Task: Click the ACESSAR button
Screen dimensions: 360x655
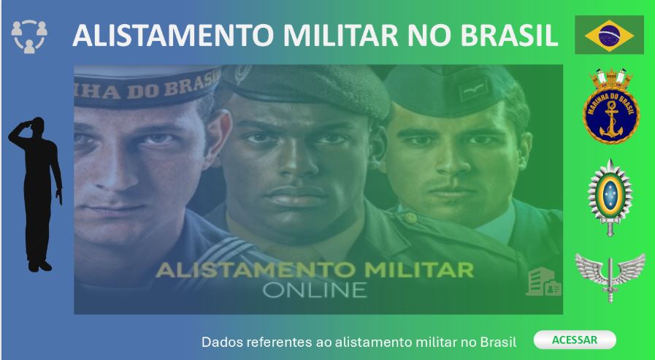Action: (575, 340)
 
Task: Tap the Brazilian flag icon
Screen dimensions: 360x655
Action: (609, 34)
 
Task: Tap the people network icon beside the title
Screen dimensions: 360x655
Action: (30, 36)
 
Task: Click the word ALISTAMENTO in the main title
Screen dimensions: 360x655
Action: (167, 35)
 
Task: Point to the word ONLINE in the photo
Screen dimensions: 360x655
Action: (314, 289)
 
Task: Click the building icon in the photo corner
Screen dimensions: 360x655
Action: (543, 282)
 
